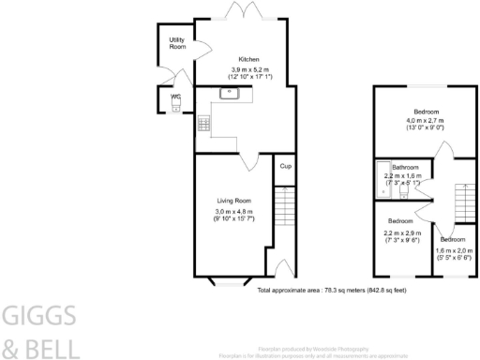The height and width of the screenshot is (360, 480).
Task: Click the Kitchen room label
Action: [249, 58]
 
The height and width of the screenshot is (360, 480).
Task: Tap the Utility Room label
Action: [177, 43]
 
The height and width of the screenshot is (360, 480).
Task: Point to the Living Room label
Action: [235, 201]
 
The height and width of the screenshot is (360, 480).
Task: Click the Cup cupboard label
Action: [284, 166]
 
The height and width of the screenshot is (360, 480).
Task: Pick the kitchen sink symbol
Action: [230, 93]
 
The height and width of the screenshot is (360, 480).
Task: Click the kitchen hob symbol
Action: [203, 124]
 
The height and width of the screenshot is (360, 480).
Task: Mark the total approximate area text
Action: [331, 291]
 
